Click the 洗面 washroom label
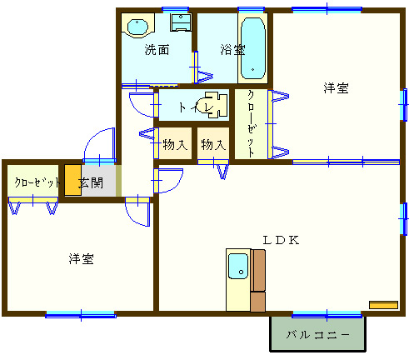point(157,50)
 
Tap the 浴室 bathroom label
point(232,50)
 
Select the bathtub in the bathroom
point(252,48)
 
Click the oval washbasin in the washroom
point(137,27)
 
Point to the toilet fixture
point(214,105)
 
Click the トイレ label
point(197,107)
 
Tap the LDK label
point(281,240)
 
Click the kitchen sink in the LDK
point(238,266)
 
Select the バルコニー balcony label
point(317,335)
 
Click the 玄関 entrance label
point(91,182)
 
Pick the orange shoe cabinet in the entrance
point(73,180)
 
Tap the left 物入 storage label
point(175,145)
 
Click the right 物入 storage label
point(213,145)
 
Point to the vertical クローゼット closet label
point(251,123)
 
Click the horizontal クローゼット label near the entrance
point(37,182)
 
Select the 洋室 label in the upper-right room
point(336,87)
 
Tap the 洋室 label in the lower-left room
point(81,259)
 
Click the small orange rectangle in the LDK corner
point(383,305)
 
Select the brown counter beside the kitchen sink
point(258,281)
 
